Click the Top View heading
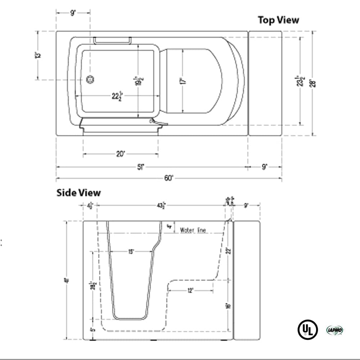tap(278, 20)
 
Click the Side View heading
tap(78, 193)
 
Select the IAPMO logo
tap(334, 330)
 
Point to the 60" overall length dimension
tap(169, 178)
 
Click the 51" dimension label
tap(140, 167)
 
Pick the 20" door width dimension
tap(121, 154)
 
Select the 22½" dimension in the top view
tap(117, 96)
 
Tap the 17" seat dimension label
tap(183, 81)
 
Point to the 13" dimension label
tap(38, 55)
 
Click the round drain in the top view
tap(90, 79)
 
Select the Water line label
tap(193, 230)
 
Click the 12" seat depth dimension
tap(190, 291)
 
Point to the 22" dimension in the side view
tap(228, 250)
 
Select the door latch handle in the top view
tap(158, 123)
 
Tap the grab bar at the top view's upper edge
tap(112, 40)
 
